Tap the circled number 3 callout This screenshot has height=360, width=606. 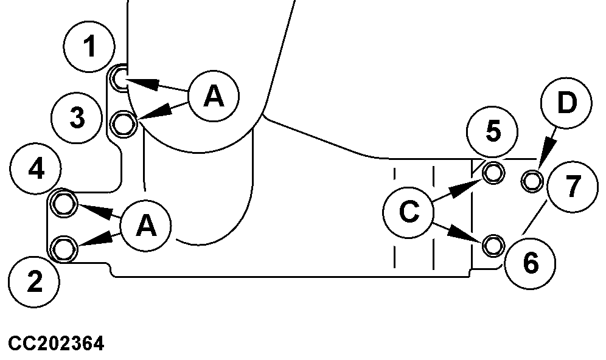click(76, 118)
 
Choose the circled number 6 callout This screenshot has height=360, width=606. click(530, 263)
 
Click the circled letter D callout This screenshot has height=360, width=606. click(566, 104)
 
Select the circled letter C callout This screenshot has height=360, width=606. click(409, 212)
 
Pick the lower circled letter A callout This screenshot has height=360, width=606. click(145, 226)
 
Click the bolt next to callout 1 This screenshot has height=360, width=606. click(120, 78)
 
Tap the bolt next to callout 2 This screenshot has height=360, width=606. click(63, 249)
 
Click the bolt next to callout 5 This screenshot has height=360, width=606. click(493, 173)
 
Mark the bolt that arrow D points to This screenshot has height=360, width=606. click(533, 179)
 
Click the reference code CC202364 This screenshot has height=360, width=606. click(56, 344)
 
